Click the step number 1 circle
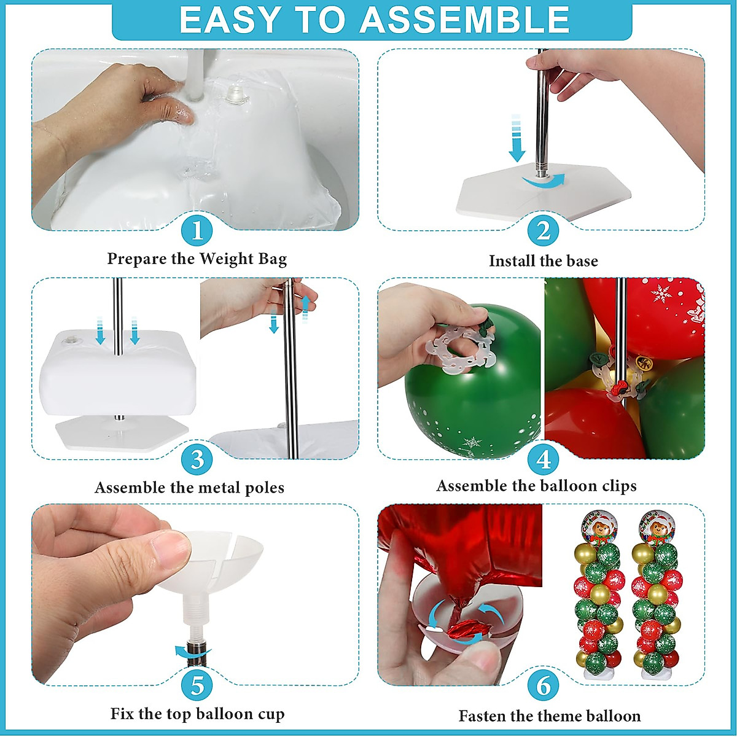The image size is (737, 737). tap(197, 231)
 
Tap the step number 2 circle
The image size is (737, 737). tap(543, 231)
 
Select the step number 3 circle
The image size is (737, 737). tap(197, 459)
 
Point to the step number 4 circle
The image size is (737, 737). tap(543, 459)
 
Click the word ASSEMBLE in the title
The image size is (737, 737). tap(464, 20)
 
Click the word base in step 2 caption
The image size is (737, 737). tap(582, 261)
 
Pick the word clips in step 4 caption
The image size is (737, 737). tap(618, 486)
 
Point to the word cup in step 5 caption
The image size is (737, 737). tap(271, 714)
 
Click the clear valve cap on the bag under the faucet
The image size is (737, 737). tap(236, 96)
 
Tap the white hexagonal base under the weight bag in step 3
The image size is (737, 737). tap(122, 434)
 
